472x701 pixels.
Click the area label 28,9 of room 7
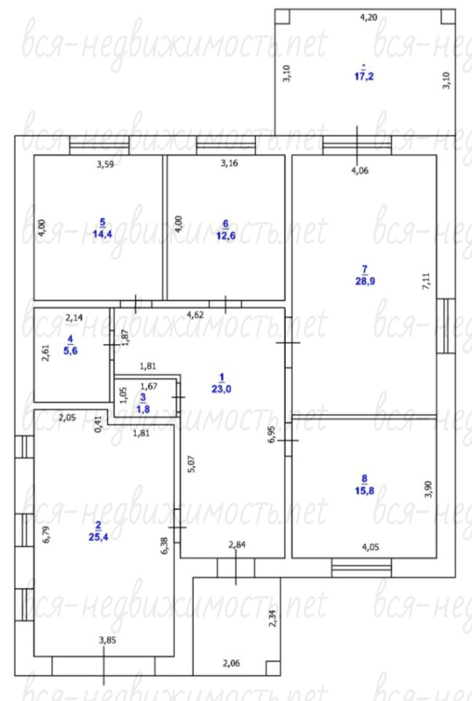[x=365, y=281]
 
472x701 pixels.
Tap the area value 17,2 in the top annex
[x=364, y=76]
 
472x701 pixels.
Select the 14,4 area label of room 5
[x=102, y=234]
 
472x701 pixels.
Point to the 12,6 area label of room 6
[x=226, y=236]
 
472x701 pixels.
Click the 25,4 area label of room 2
[x=98, y=537]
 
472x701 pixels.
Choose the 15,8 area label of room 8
[x=364, y=491]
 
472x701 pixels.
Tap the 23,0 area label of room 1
[x=222, y=389]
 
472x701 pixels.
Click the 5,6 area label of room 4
[x=71, y=350]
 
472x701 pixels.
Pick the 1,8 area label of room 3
[x=143, y=409]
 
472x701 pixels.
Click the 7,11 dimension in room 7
[x=427, y=282]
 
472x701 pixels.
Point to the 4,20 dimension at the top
[x=368, y=18]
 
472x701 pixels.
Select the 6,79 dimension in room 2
[x=47, y=535]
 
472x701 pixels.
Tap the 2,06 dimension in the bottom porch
[x=231, y=663]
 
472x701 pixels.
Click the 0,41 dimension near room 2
[x=98, y=424]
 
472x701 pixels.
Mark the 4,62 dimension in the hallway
[x=195, y=315]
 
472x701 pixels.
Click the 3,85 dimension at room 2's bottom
[x=107, y=640]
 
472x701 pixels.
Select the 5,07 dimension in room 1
[x=191, y=464]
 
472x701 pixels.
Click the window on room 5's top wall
[x=99, y=145]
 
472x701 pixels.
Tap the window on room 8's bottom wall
[x=362, y=568]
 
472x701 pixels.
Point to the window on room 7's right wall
[x=446, y=326]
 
